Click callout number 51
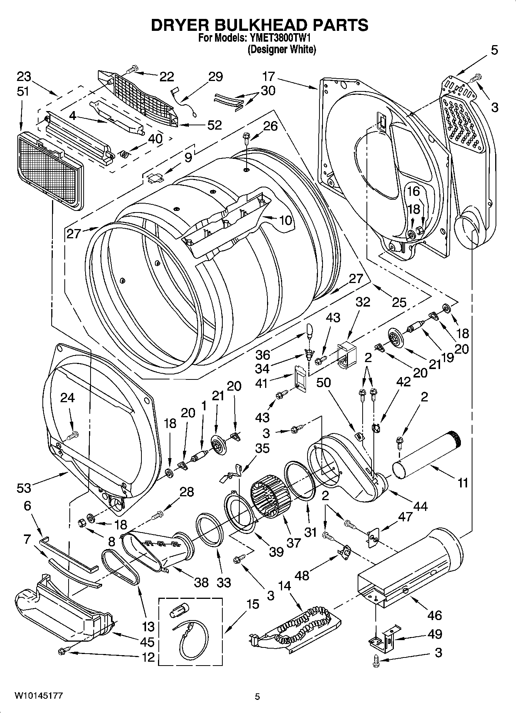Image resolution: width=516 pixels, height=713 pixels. coord(23,92)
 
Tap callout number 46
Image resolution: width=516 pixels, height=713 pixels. coord(434,615)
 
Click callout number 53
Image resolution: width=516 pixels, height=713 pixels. coord(24,488)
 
